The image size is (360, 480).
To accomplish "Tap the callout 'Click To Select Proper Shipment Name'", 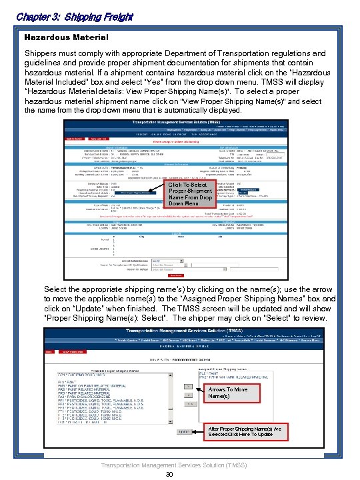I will [x=191, y=194].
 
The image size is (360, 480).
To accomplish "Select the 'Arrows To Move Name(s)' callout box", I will [x=228, y=393].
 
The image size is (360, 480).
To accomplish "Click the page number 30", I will [x=169, y=474].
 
